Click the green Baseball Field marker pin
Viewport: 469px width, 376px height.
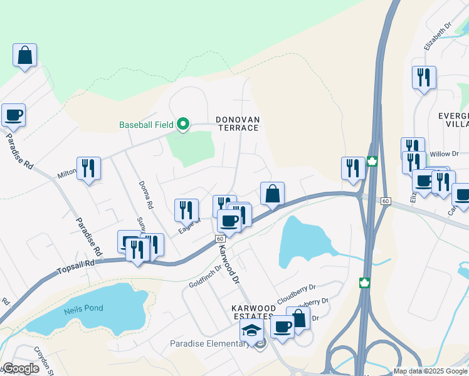[183, 124]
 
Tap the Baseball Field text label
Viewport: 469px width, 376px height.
[146, 125]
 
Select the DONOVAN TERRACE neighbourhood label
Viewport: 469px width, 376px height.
[237, 123]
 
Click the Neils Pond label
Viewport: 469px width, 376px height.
[83, 308]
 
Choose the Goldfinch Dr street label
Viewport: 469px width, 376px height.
[206, 276]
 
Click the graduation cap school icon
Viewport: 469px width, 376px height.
[252, 330]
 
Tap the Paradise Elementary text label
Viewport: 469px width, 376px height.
[209, 343]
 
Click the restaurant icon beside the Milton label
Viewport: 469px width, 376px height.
[88, 168]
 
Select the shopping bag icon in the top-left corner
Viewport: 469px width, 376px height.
[24, 55]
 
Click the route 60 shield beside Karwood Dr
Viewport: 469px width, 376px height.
[220, 239]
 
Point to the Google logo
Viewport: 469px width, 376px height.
[21, 368]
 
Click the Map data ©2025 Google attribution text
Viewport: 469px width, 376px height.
[430, 371]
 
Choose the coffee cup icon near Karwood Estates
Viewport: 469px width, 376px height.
[282, 326]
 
